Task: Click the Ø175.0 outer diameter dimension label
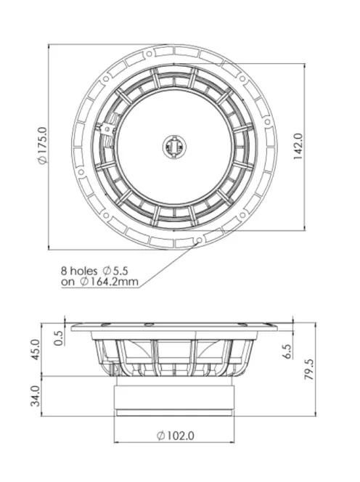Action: pyautogui.click(x=43, y=145)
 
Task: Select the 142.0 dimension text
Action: pyautogui.click(x=298, y=147)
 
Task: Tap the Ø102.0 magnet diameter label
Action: pyautogui.click(x=176, y=436)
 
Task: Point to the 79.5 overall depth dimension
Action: pyautogui.click(x=309, y=369)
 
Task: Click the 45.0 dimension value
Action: pyautogui.click(x=36, y=349)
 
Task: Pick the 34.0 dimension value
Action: pyautogui.click(x=36, y=396)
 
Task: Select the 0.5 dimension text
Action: pyautogui.click(x=59, y=338)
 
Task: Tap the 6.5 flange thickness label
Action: pyautogui.click(x=287, y=351)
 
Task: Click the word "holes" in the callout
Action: pyautogui.click(x=83, y=271)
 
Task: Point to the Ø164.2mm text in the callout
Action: pyautogui.click(x=109, y=281)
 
